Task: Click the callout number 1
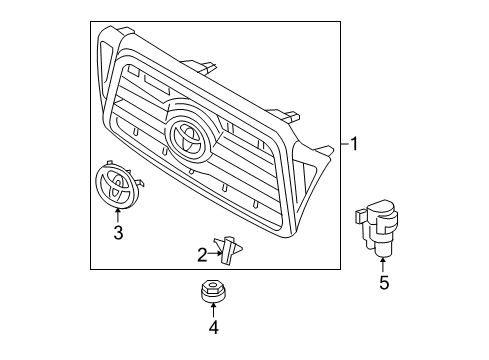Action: pos(353,145)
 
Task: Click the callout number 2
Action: pos(201,254)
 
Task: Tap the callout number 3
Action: pos(117,234)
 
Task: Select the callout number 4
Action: pos(212,325)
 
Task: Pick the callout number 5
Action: pos(383,283)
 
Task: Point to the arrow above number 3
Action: pos(117,215)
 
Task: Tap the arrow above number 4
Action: pos(212,306)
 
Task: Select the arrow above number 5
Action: pos(383,263)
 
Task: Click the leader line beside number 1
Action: pos(340,145)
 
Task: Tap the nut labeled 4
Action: pos(212,291)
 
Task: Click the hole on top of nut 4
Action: pos(212,286)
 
